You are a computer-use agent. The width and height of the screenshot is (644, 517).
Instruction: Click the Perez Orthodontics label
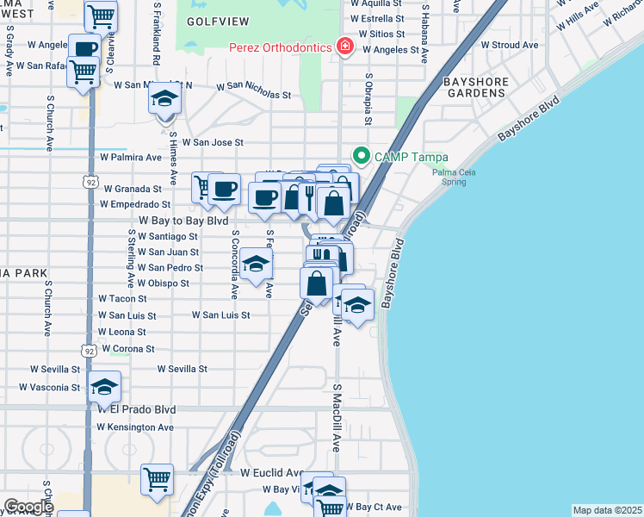coord(280,46)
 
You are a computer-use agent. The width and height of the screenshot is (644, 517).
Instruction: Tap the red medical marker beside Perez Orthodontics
coord(345,46)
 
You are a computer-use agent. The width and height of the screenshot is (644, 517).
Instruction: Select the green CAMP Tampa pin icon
coord(361,156)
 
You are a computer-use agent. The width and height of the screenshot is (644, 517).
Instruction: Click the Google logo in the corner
coord(28,507)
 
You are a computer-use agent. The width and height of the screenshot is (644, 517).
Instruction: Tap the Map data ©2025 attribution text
coord(607,510)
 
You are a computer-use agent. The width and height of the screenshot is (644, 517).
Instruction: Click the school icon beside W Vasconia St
coord(104,388)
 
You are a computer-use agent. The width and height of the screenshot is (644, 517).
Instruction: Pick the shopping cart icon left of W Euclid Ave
coord(157,479)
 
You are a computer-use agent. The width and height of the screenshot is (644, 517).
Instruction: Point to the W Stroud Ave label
coord(510,45)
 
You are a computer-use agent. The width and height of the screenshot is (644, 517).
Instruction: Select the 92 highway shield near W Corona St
coord(90,350)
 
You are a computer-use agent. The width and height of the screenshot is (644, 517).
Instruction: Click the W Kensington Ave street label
coord(135,427)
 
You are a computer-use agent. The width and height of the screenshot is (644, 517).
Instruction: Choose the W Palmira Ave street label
coord(131,159)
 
